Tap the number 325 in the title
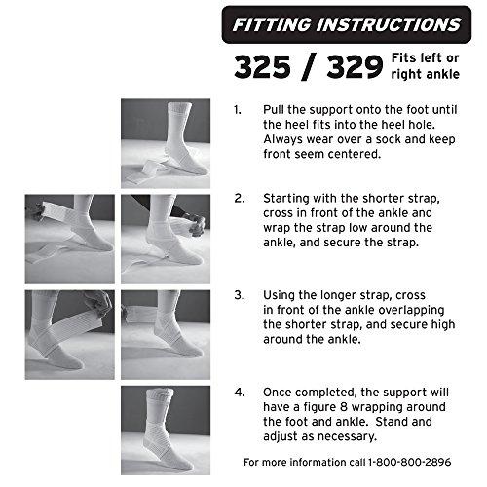click(x=262, y=67)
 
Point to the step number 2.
click(x=239, y=197)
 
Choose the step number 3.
click(x=239, y=293)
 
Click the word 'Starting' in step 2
click(x=290, y=197)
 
